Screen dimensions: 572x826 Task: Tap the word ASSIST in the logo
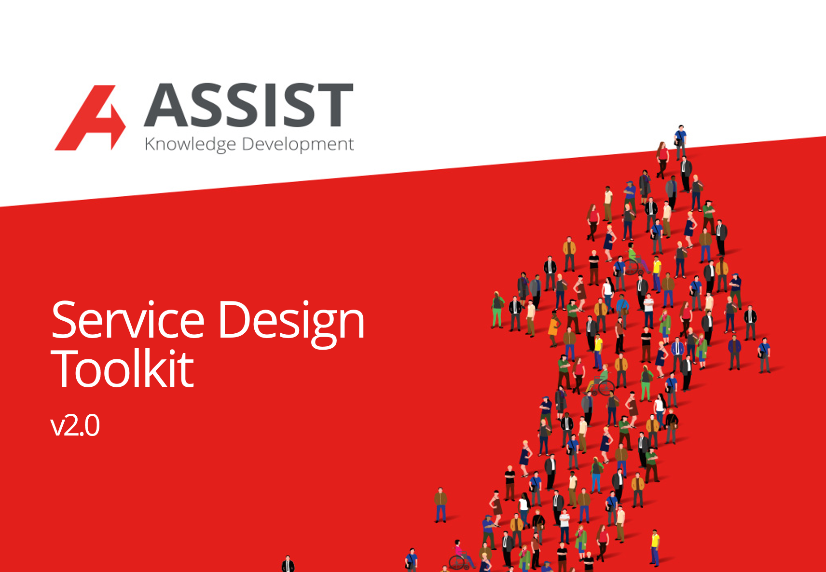pyautogui.click(x=249, y=105)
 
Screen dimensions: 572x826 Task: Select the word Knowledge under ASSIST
pyautogui.click(x=190, y=144)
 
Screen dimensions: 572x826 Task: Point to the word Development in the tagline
pyautogui.click(x=298, y=144)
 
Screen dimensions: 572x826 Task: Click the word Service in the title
pyautogui.click(x=128, y=320)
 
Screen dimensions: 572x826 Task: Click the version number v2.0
pyautogui.click(x=75, y=425)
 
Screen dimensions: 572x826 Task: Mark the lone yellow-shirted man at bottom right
pyautogui.click(x=655, y=547)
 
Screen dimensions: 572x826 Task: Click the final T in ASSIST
pyautogui.click(x=335, y=105)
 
